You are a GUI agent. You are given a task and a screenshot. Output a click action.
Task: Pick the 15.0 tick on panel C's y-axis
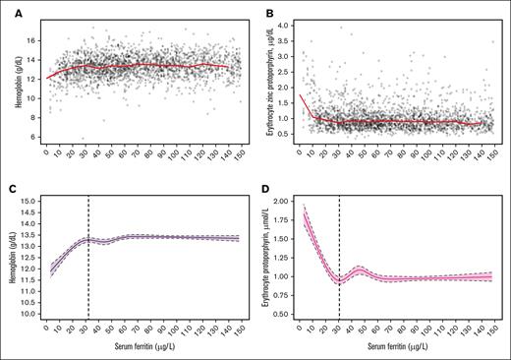point(29,201)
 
